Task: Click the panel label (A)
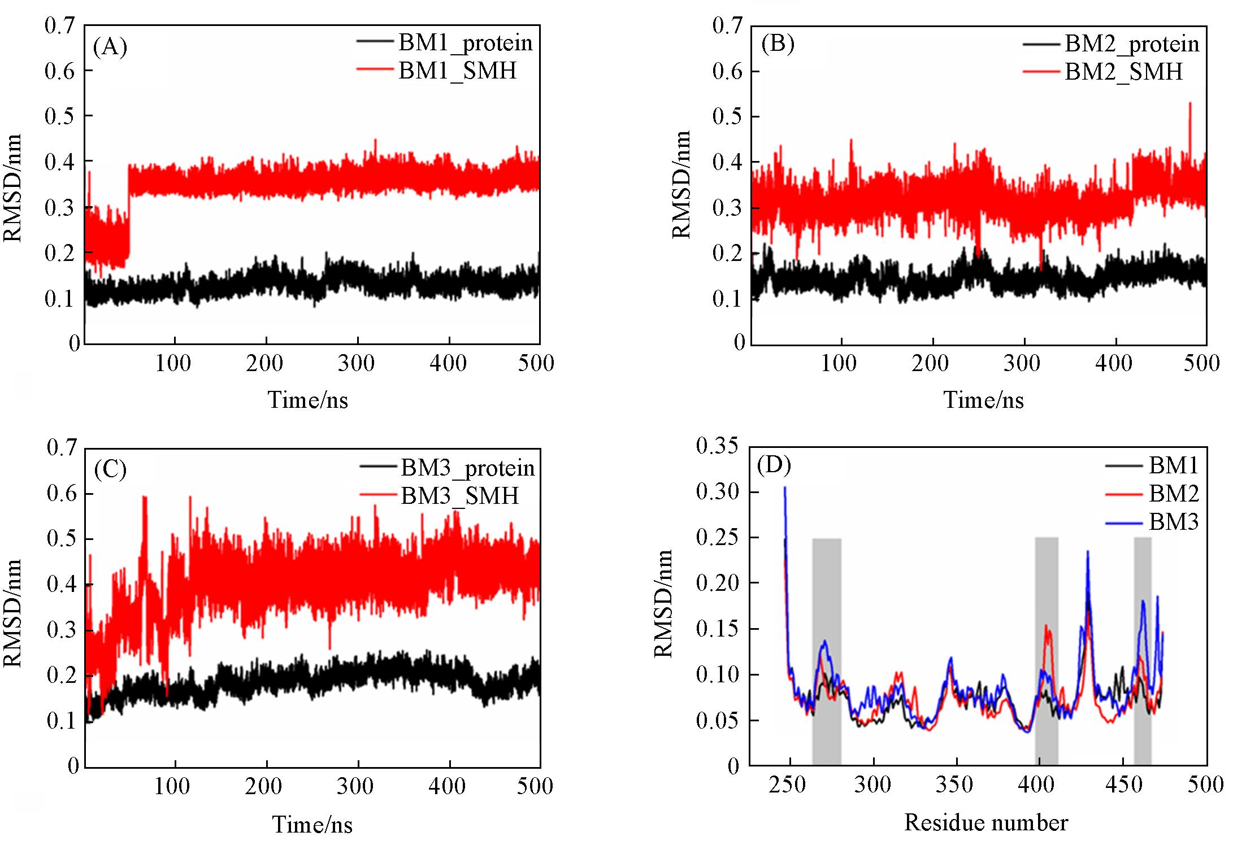click(x=110, y=47)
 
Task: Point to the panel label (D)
click(x=774, y=465)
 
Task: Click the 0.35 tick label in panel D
click(x=717, y=446)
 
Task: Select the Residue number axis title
click(x=985, y=822)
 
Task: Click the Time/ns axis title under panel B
click(x=983, y=400)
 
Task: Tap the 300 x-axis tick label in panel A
click(x=356, y=363)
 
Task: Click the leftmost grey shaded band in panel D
click(x=827, y=650)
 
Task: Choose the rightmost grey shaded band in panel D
click(x=1142, y=650)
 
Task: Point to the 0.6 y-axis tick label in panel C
click(x=62, y=493)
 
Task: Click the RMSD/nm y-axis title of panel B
click(x=681, y=184)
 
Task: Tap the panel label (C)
click(x=110, y=469)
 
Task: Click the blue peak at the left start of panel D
click(x=784, y=489)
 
